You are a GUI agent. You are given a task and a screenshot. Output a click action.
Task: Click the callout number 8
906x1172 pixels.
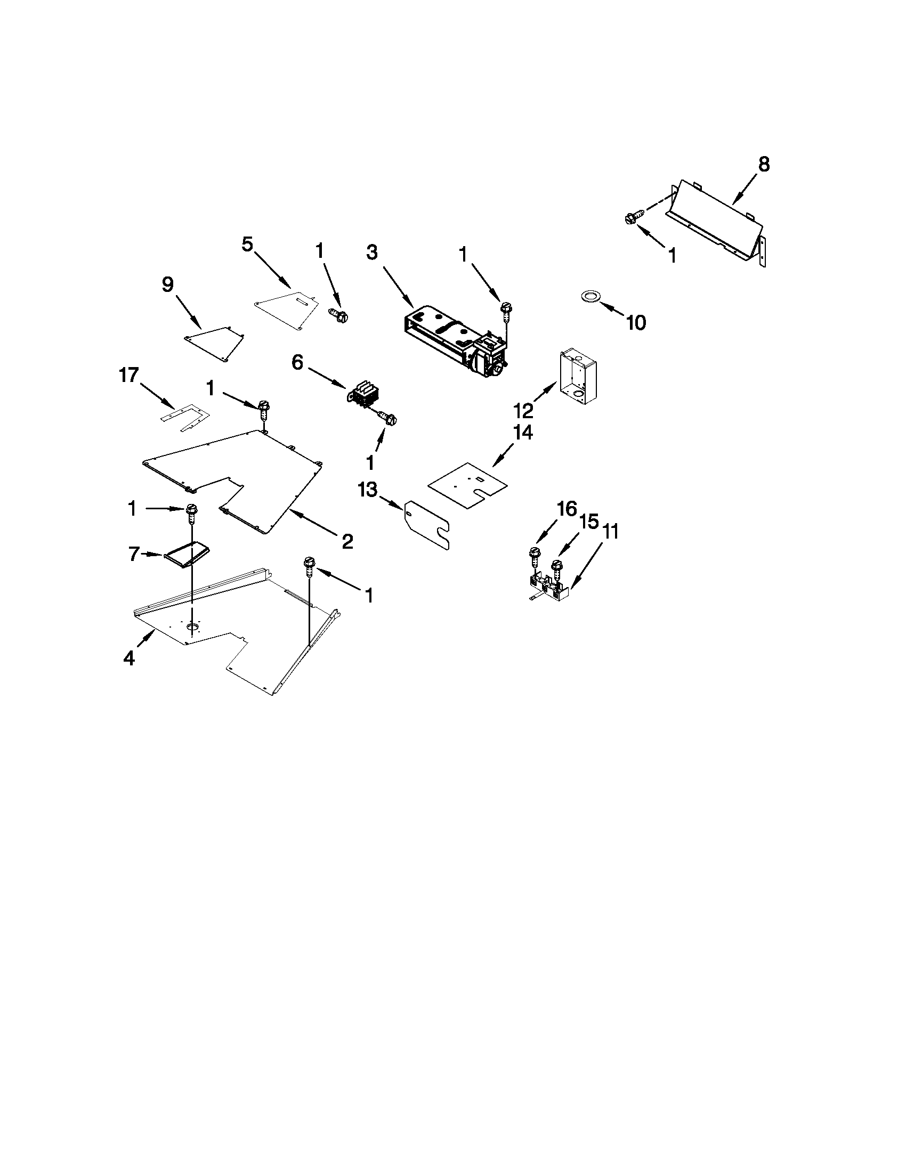764,165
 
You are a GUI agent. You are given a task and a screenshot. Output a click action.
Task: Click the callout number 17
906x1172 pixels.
129,375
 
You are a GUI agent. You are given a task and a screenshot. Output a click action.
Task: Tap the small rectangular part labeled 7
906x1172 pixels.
188,554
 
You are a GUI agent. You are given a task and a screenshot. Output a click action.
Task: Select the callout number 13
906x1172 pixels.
368,490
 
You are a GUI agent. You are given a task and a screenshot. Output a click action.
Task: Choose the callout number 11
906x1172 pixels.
610,532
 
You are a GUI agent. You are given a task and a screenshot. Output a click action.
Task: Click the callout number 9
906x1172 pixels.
168,285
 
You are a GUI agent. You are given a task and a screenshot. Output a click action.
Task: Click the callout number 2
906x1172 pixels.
347,541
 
